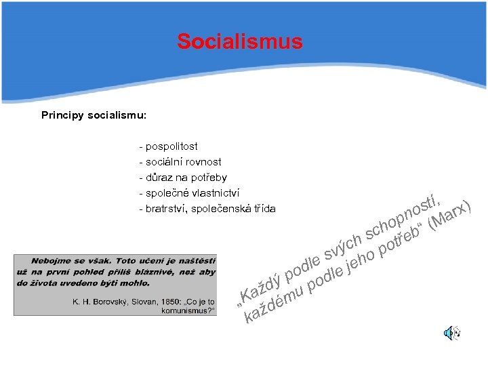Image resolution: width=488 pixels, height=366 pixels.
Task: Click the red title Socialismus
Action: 239,42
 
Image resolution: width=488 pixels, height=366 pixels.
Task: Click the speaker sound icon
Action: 451,333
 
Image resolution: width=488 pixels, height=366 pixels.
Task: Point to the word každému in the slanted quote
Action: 274,305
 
